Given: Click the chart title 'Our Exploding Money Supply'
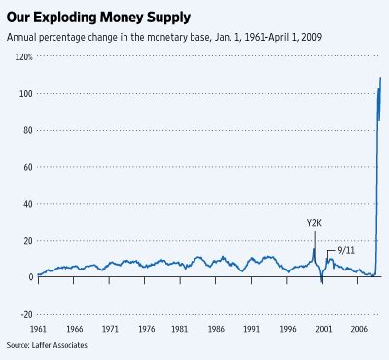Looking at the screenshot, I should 104,17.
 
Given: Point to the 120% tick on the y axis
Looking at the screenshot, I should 22,57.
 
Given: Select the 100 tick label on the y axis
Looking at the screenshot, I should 24,94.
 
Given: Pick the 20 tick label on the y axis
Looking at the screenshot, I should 26,240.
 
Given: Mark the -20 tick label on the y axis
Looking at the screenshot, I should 24,313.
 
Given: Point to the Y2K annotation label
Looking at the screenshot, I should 314,223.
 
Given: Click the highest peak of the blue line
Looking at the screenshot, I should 379,78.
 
